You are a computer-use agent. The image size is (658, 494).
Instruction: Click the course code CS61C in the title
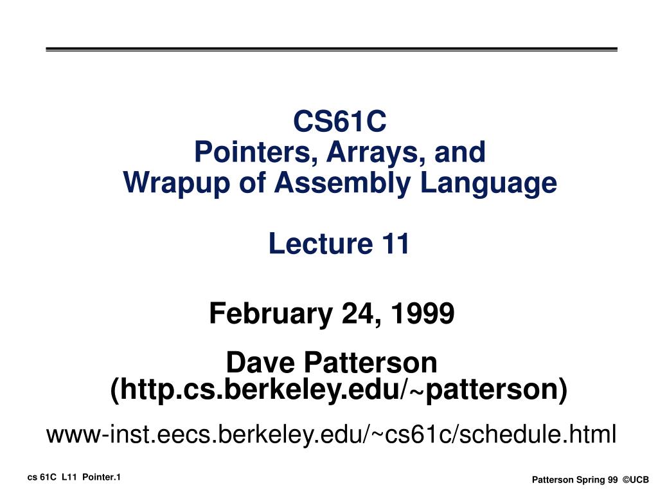click(339, 121)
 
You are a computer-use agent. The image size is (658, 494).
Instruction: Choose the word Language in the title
click(488, 183)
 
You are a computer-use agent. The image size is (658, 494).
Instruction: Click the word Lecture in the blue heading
click(321, 244)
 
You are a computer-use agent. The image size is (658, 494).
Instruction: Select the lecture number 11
click(395, 244)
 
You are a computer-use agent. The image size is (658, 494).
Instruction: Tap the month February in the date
click(271, 313)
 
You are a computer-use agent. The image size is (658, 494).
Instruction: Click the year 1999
click(423, 313)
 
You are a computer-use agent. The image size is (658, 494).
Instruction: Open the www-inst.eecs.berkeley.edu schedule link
click(332, 434)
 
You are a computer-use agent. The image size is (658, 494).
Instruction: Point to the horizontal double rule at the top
click(332, 50)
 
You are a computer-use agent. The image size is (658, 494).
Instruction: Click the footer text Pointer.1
click(102, 478)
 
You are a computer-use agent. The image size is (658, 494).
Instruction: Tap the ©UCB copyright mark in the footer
click(636, 480)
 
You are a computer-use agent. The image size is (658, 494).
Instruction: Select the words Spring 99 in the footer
click(597, 480)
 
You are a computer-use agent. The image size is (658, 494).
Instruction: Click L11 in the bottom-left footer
click(69, 478)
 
